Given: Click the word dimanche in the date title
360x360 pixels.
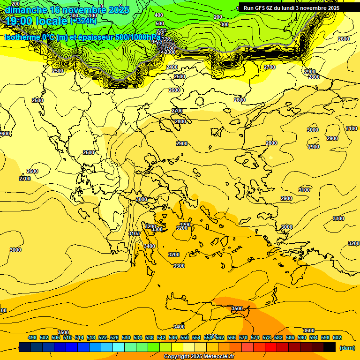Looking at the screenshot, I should [26, 10].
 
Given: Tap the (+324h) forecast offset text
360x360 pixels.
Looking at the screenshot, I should [83, 21].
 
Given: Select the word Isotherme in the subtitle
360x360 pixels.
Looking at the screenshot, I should [22, 37].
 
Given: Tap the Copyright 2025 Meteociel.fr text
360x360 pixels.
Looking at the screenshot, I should [199, 357].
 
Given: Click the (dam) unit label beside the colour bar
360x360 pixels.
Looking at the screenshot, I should [347, 347].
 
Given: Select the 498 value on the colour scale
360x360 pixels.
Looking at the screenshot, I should [32, 337].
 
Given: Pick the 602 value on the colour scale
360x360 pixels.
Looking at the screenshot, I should [337, 337].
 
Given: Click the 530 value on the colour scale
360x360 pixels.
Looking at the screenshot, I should [126, 337].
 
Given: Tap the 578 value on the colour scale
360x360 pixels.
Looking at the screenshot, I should [267, 337].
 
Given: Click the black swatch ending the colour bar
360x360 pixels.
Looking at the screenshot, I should [330, 347].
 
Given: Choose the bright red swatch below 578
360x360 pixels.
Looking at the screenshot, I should [271, 347].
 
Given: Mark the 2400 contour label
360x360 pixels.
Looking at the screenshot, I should [172, 67].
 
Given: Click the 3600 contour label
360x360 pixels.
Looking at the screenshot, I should [309, 330].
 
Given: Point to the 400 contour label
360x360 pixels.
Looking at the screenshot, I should [159, 15].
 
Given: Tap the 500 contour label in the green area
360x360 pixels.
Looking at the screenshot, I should [160, 23].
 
